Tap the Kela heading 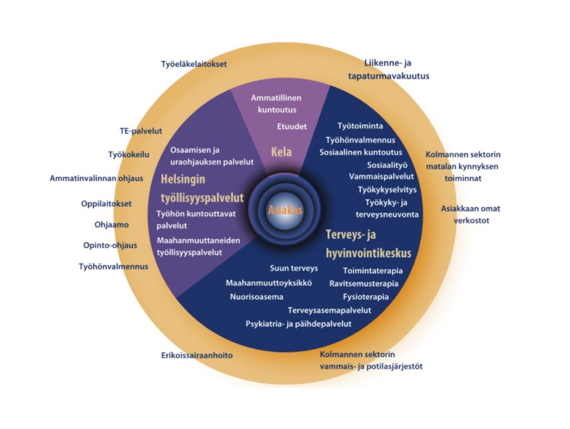(x=281, y=151)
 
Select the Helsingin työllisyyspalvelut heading (x=202, y=188)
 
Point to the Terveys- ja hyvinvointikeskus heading (x=368, y=244)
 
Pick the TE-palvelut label (x=141, y=131)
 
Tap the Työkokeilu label (x=129, y=154)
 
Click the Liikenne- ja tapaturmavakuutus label (x=397, y=69)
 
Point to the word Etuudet (x=292, y=126)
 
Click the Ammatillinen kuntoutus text (x=273, y=103)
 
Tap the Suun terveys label (x=293, y=268)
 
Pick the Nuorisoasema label (x=257, y=296)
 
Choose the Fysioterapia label (x=366, y=296)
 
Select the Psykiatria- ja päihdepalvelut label (x=298, y=323)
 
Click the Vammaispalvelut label (x=381, y=176)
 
